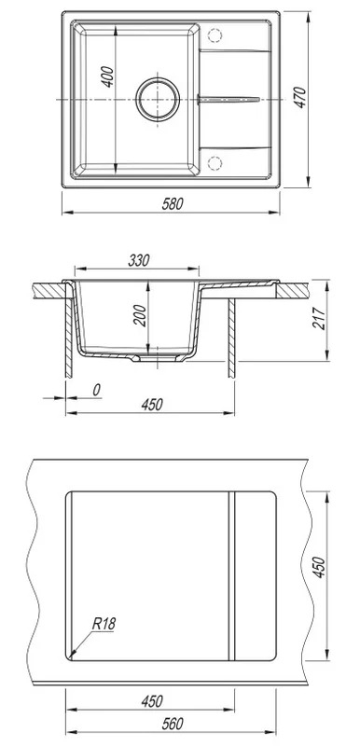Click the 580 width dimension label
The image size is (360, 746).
point(172,204)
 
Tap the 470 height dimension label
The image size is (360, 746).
point(300,98)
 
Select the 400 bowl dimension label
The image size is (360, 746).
point(108,76)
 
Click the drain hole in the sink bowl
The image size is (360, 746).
point(158,100)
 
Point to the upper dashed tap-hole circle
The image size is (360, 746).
point(215,35)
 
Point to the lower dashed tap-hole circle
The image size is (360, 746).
point(215,163)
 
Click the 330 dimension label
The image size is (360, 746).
point(139,261)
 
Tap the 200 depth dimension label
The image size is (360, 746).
point(140,315)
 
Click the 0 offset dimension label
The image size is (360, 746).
point(96,390)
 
